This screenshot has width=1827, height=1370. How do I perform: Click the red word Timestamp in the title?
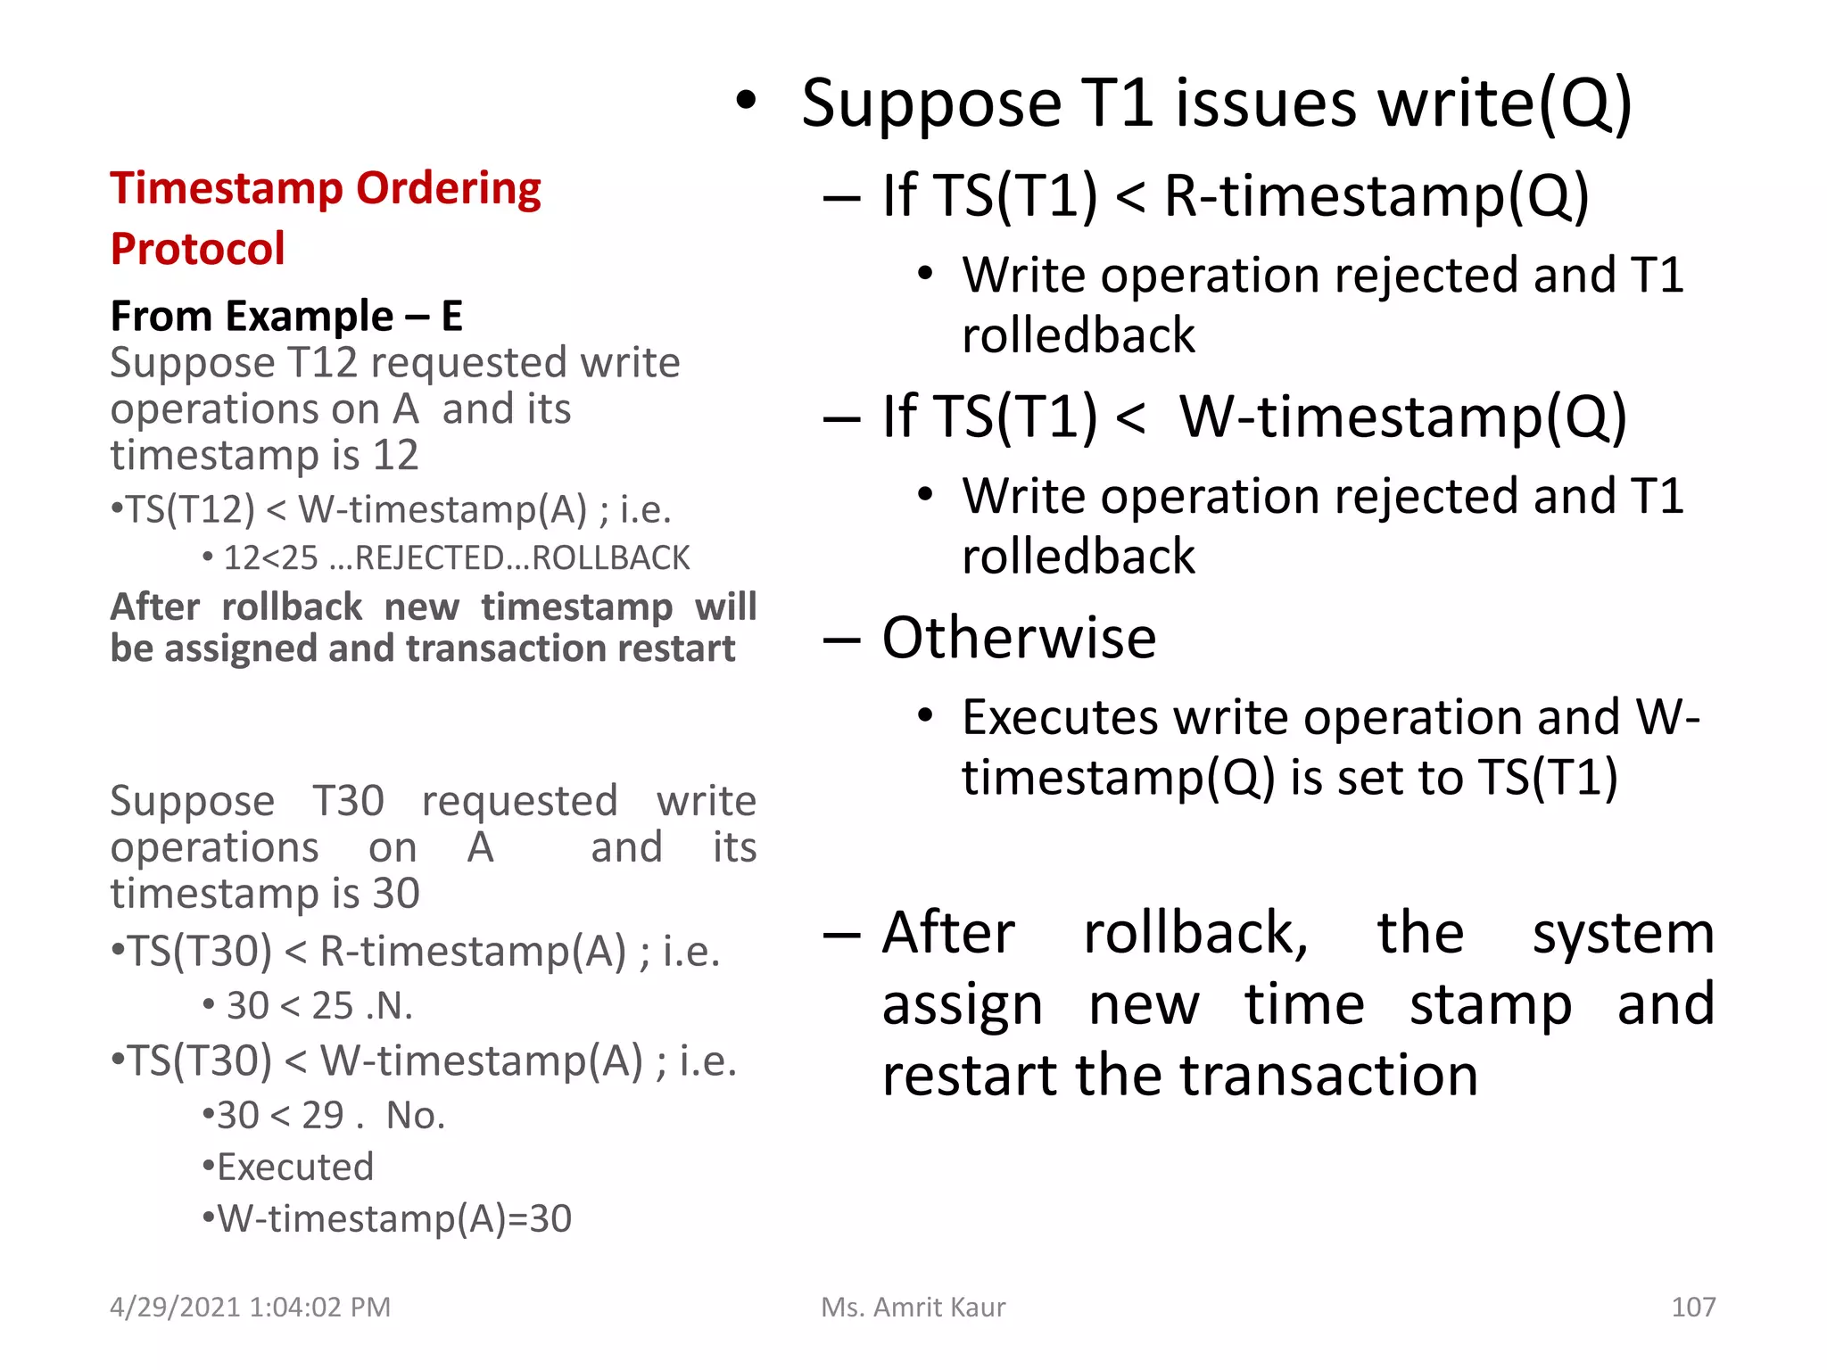224,189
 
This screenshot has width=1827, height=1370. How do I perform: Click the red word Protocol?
197,249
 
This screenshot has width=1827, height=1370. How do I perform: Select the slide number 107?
1692,1307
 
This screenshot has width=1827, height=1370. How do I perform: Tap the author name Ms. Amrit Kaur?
913,1307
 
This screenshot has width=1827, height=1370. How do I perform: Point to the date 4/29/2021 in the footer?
175,1307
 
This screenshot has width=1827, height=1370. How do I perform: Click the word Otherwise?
1019,638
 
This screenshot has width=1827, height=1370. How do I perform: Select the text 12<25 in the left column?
270,558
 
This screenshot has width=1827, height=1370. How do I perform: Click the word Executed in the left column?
295,1167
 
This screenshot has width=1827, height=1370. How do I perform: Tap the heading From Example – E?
286,316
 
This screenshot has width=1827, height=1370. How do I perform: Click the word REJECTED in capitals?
430,558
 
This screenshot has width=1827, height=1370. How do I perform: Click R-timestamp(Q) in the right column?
1376,195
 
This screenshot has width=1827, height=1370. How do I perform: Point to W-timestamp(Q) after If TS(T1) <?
1402,417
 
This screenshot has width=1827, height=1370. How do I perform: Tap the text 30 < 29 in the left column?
280,1115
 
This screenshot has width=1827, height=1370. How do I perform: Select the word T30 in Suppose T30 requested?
348,800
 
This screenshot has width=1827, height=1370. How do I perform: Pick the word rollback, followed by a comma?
1195,933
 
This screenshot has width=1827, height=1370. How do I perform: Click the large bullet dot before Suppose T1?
746,102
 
